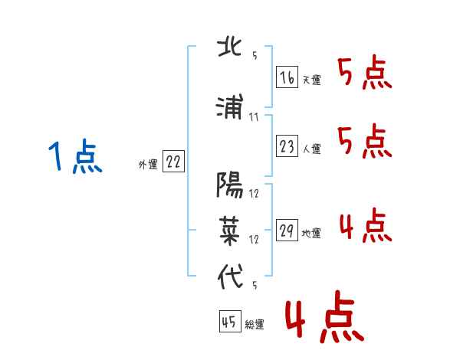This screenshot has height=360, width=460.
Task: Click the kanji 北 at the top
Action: (x=231, y=47)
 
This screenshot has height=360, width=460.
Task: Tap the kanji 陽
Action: (x=231, y=186)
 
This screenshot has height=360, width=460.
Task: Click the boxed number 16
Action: (x=287, y=77)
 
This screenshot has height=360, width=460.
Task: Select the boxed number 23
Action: (x=287, y=147)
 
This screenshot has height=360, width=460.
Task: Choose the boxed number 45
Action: (x=228, y=322)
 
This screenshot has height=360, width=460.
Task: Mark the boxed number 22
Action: (x=173, y=162)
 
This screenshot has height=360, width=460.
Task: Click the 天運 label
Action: (x=311, y=80)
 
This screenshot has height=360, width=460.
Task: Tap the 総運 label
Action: (x=254, y=325)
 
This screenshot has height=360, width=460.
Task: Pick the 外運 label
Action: (x=148, y=164)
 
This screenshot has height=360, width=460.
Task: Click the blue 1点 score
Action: (x=74, y=158)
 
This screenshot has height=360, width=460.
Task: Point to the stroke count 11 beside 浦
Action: (x=255, y=117)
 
